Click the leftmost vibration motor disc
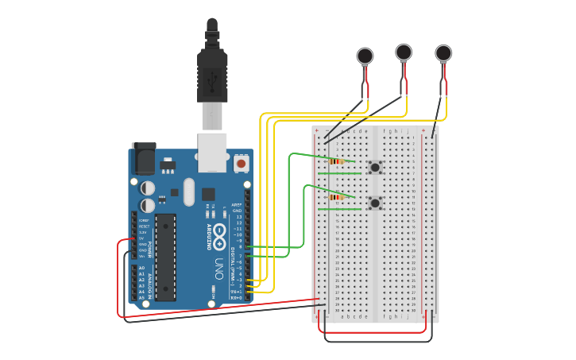[x=365, y=56]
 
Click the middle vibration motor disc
[x=404, y=52]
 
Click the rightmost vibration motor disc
[x=443, y=53]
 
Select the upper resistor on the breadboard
[x=336, y=161]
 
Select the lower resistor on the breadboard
[x=336, y=196]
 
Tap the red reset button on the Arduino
[x=242, y=164]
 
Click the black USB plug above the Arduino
[x=212, y=75]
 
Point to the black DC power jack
[x=143, y=158]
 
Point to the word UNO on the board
[x=219, y=265]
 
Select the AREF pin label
[x=237, y=204]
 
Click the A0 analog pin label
[x=142, y=268]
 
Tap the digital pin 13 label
[x=238, y=216]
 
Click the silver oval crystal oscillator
[x=188, y=192]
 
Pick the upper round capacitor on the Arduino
[x=149, y=188]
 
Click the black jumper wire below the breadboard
[x=377, y=341]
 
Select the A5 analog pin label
[x=142, y=297]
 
